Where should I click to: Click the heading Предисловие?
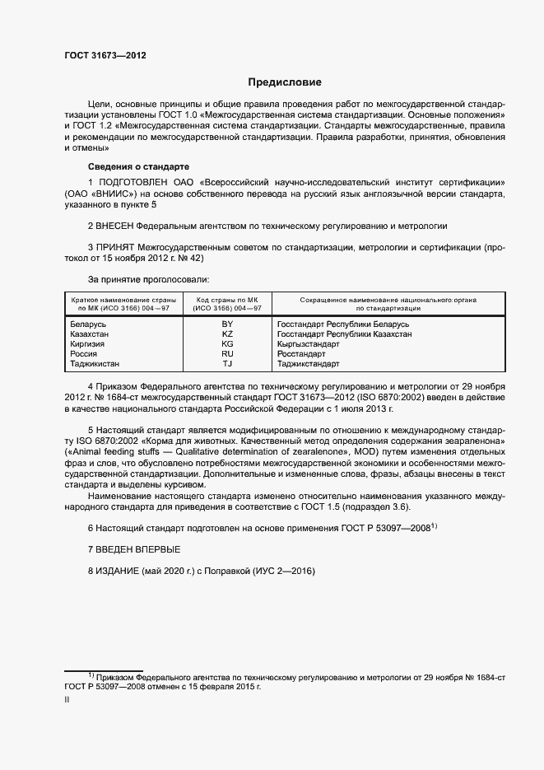coord(285,82)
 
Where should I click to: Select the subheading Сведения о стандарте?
coord(126,166)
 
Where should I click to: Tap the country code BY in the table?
coord(227,324)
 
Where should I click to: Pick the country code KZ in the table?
coord(227,334)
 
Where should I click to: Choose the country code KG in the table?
coord(227,344)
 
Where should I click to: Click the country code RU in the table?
coord(227,354)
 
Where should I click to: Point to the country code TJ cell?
coord(227,363)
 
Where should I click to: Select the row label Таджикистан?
coord(100,363)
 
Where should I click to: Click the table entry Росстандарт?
coord(302,354)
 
